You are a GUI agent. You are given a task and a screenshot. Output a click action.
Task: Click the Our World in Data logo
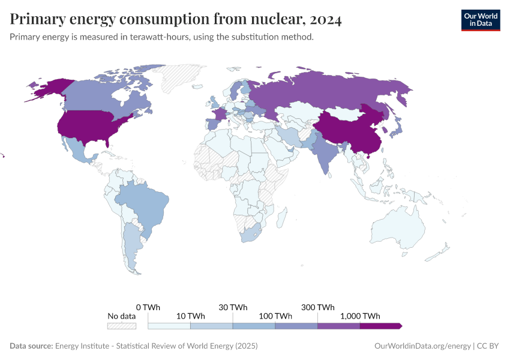point(480,19)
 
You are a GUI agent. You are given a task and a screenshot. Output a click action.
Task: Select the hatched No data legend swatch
point(122,326)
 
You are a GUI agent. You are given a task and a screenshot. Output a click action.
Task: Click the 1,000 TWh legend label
point(360,316)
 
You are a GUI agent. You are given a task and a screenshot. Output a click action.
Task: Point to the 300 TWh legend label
point(318,307)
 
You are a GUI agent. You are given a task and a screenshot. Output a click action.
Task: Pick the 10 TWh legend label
point(190,316)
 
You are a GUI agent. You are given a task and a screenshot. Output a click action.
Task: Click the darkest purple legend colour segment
point(380,326)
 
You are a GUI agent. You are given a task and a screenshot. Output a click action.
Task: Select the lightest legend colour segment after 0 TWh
point(169,326)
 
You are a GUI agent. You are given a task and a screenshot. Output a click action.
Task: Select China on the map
point(348,129)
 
